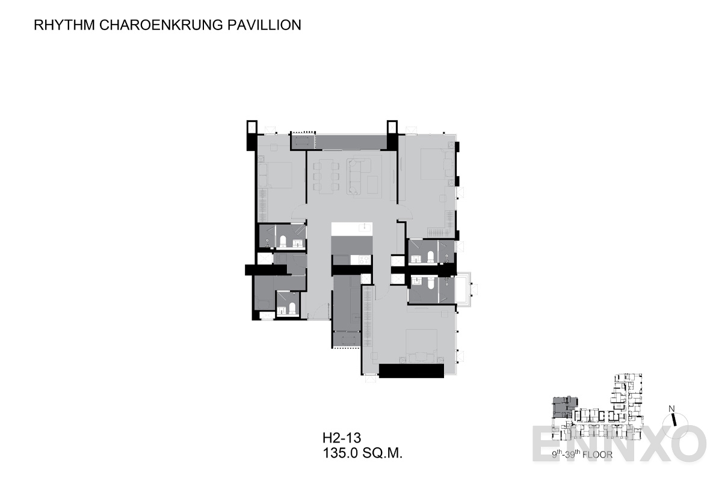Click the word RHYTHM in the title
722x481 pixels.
pos(64,25)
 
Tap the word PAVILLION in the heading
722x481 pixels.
pos(264,25)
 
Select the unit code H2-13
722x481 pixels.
pos(342,438)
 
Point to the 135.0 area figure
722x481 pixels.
pos(341,453)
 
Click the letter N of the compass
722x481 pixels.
pos(671,409)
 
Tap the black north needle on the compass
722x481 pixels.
pos(673,420)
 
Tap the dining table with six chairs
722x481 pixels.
pos(326,177)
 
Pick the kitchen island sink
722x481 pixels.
pos(366,227)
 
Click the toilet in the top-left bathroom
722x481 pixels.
pos(283,242)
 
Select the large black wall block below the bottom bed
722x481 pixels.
pos(412,370)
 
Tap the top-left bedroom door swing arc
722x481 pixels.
pos(298,211)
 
